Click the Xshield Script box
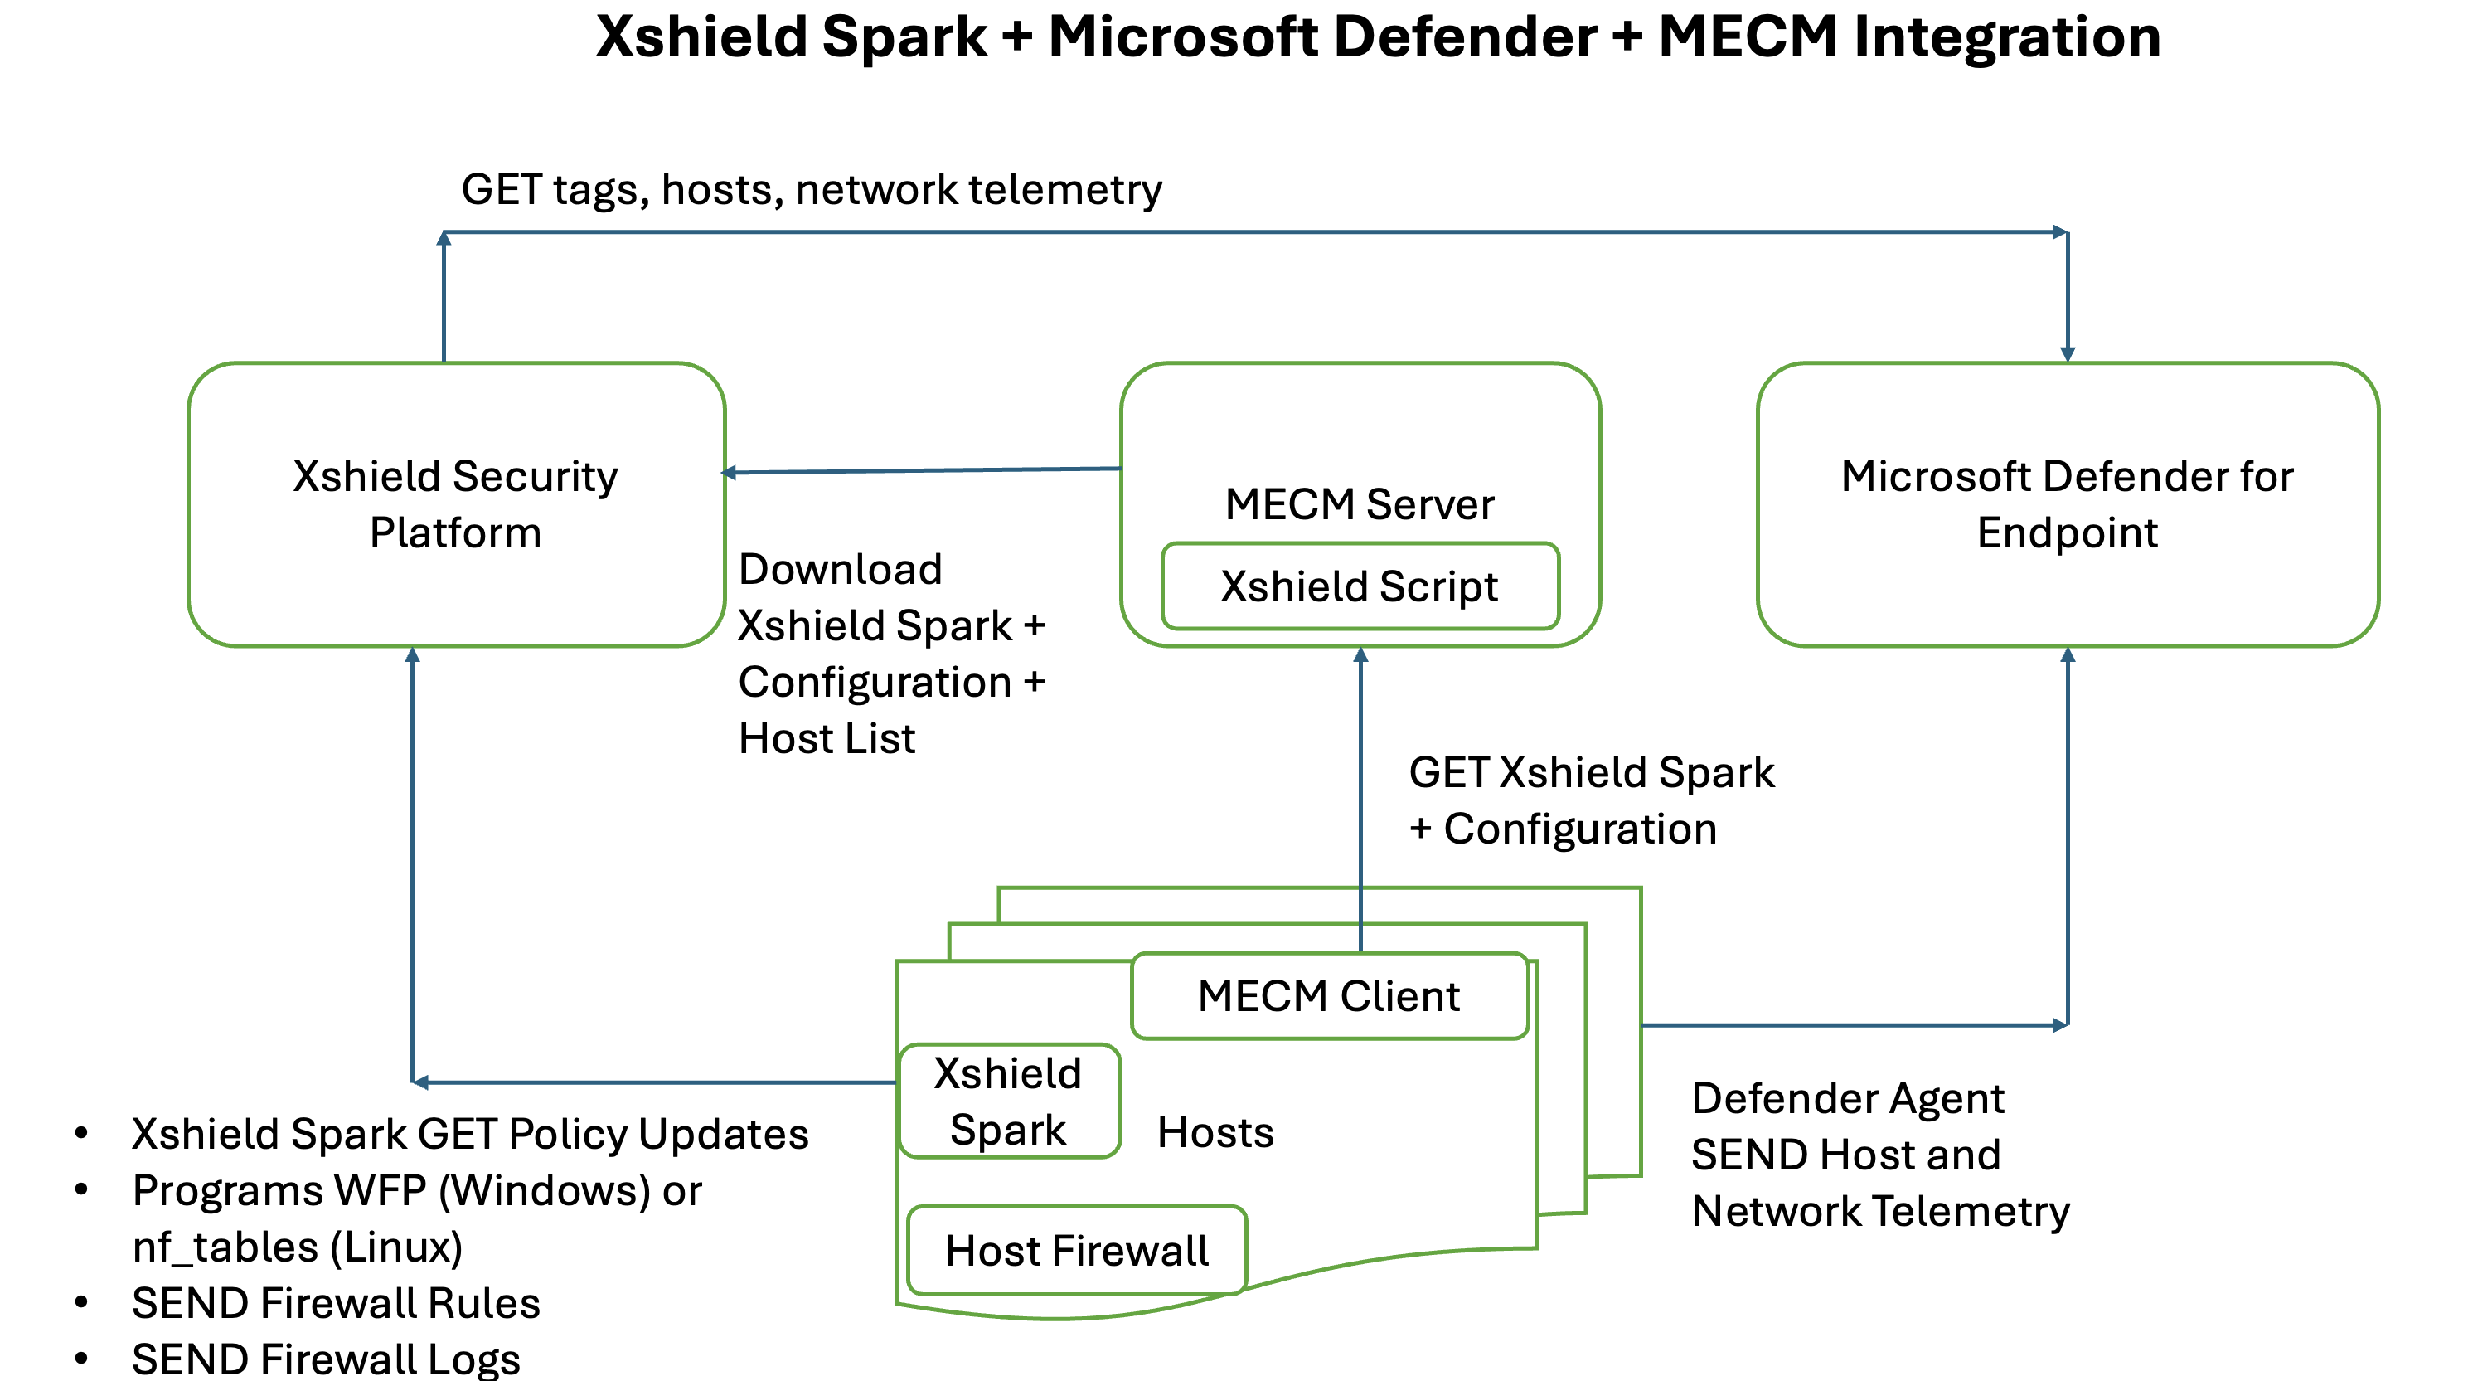point(1360,586)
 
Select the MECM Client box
point(1329,996)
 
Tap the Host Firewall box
point(1076,1251)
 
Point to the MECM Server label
point(1360,504)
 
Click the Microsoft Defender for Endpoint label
point(2067,504)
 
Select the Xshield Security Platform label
point(455,504)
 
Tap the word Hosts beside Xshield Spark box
point(1215,1133)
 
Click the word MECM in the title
point(1748,38)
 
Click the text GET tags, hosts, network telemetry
point(812,190)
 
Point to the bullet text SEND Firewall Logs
point(326,1359)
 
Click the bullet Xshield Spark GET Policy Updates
point(469,1135)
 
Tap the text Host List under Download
point(827,739)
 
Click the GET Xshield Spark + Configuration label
point(1590,800)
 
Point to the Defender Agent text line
point(1847,1098)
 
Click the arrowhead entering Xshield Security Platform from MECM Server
point(729,473)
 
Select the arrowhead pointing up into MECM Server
point(1360,655)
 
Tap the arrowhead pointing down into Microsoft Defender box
point(2068,353)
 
